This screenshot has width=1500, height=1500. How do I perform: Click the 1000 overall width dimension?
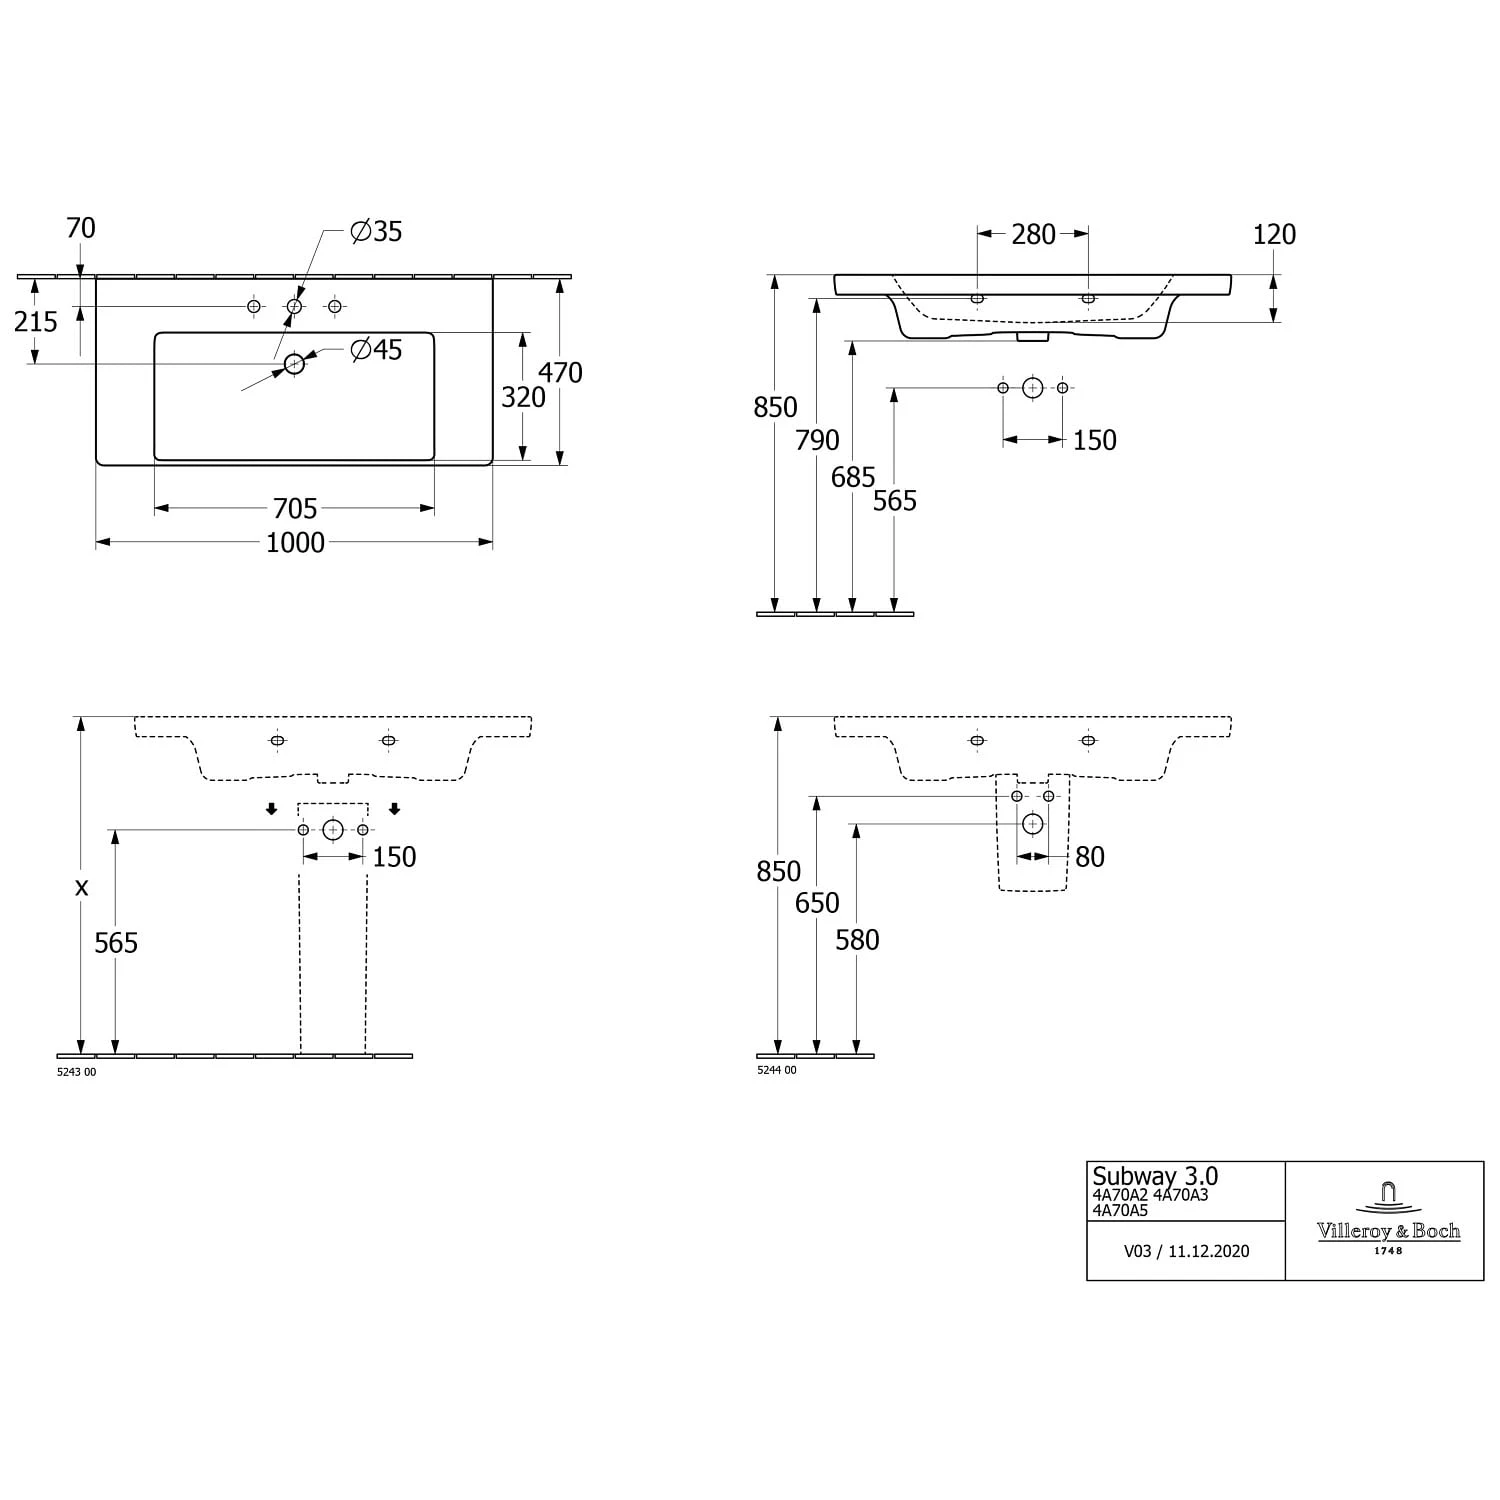tap(295, 543)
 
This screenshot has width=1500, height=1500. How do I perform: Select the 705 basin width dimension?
tap(295, 509)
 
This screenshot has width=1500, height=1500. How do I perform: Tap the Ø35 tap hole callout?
tap(376, 232)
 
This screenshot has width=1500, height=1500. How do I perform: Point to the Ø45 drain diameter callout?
tap(376, 350)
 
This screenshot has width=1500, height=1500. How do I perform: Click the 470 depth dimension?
tap(560, 373)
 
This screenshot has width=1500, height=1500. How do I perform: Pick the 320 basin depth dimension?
tap(523, 398)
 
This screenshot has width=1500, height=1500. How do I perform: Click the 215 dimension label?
tap(36, 322)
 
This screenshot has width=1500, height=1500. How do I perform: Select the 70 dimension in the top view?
tap(81, 229)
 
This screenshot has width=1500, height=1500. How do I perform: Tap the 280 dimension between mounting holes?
tap(1033, 235)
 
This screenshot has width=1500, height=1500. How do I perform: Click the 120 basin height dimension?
tap(1274, 235)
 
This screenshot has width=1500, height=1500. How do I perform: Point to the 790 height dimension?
tap(817, 441)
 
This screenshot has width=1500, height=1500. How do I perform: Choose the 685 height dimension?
tap(853, 478)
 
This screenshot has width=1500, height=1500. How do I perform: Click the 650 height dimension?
tap(817, 903)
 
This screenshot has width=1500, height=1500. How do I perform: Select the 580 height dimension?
tap(857, 940)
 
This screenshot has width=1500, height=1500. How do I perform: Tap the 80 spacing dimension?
tap(1090, 857)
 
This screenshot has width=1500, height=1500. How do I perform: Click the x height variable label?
tap(82, 887)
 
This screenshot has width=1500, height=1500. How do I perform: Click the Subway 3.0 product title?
tap(1154, 1176)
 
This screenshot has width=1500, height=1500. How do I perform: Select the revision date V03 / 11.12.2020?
tap(1186, 1251)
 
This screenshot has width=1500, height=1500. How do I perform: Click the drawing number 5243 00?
tap(77, 1071)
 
